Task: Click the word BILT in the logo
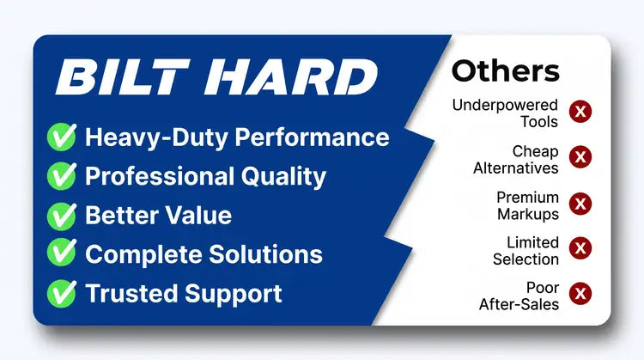pos(123,76)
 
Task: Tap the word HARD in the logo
pos(291,76)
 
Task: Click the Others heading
pos(506,71)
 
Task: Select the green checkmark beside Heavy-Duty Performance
pos(62,137)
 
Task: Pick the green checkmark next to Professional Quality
pos(62,176)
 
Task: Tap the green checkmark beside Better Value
pos(62,216)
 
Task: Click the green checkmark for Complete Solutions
pos(62,252)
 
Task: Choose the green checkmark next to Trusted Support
pos(62,294)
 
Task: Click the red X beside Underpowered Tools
pos(580,112)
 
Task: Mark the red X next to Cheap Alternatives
pos(580,156)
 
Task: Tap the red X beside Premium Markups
pos(580,204)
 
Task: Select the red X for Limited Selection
pos(580,247)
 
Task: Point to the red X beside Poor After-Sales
pos(580,294)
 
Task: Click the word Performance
pos(313,137)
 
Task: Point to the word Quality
pos(283,177)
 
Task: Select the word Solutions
pos(266,254)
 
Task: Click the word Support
pos(234,295)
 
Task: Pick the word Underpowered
pos(505,105)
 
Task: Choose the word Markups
pos(528,215)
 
